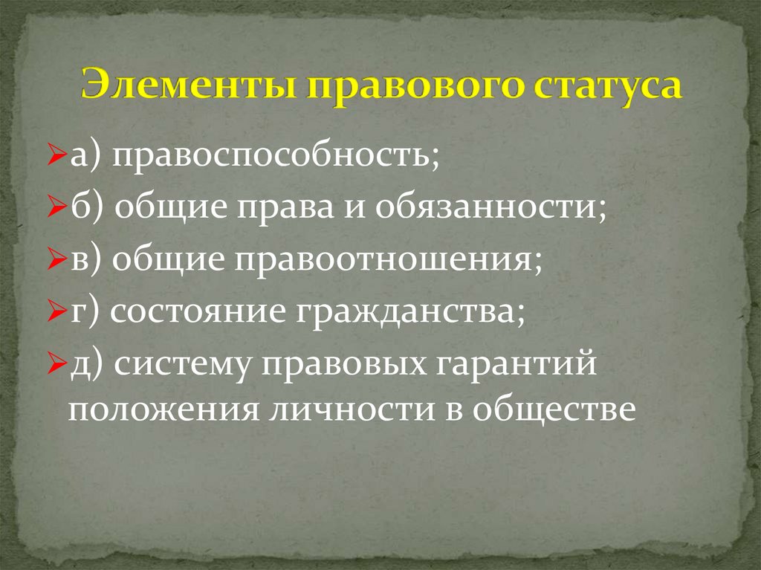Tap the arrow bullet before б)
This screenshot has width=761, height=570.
click(62, 210)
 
